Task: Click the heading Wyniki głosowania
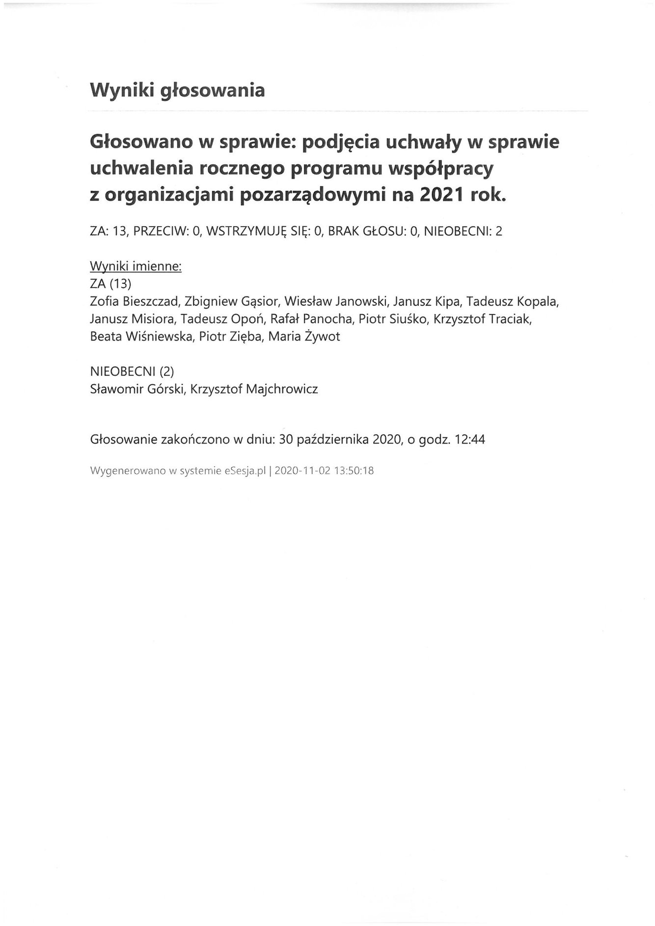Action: point(177,90)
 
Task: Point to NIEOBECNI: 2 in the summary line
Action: point(463,231)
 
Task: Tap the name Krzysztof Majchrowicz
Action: point(254,389)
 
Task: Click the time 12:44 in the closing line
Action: point(470,439)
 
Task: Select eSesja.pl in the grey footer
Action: point(246,471)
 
